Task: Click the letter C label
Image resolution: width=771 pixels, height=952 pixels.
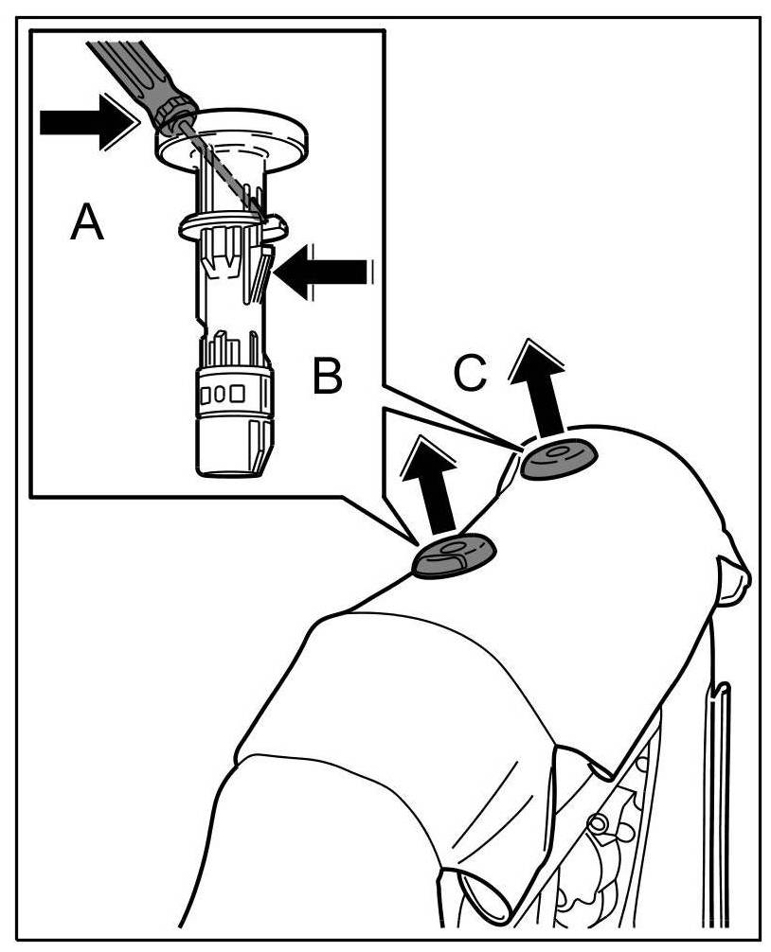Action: click(x=470, y=373)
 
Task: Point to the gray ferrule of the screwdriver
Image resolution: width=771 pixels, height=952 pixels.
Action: click(x=177, y=115)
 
